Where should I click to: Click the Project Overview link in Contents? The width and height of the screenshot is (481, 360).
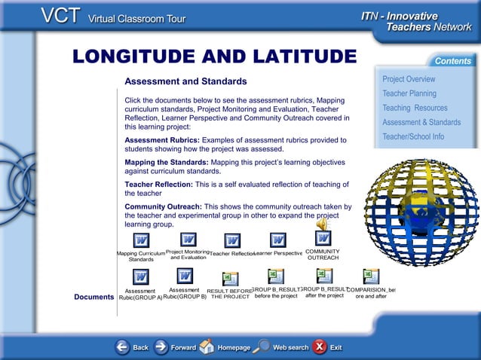pos(408,79)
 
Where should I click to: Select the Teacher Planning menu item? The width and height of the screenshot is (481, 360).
pos(409,93)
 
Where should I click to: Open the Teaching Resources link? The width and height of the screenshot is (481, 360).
pos(414,108)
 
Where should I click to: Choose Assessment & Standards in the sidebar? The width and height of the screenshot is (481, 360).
pos(421,122)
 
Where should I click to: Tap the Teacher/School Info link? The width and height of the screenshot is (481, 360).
pos(412,136)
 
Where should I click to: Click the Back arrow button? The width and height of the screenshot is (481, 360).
pos(123,347)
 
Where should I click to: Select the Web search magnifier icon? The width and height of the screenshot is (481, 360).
pos(261,346)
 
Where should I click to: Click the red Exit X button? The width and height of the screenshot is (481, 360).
pos(320,346)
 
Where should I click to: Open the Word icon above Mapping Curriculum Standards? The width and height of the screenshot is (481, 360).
pos(141,240)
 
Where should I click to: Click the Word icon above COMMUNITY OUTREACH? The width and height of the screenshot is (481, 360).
pos(323,238)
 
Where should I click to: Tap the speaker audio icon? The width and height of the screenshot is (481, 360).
pos(322,224)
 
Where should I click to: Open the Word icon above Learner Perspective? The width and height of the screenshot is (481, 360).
pos(277,239)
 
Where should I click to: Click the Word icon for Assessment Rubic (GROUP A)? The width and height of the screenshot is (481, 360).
pos(141,276)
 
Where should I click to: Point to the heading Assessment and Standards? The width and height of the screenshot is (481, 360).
pos(185,81)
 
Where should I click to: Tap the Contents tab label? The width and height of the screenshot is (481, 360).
pos(452,60)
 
